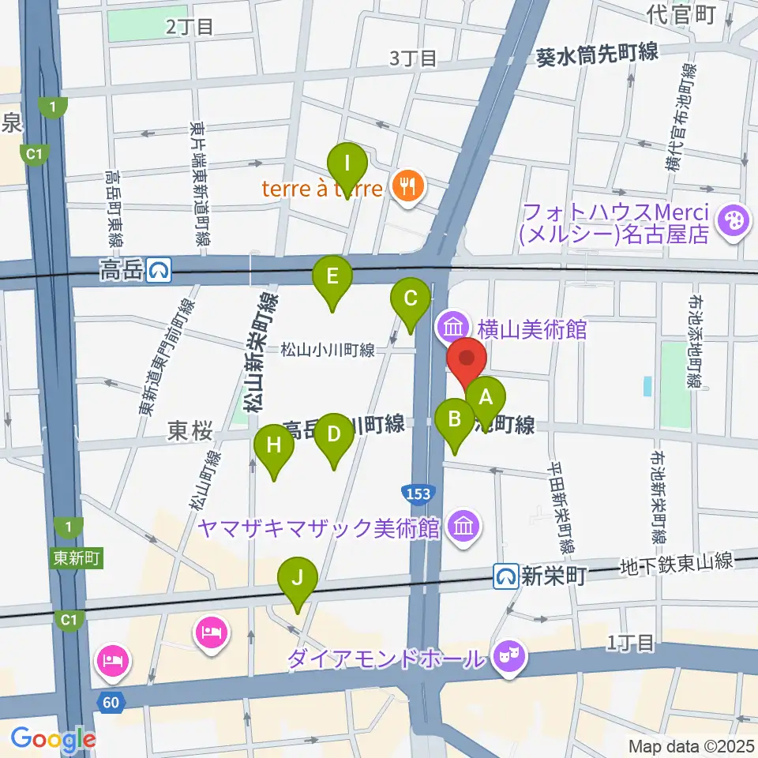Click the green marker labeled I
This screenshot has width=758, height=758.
coord(347,167)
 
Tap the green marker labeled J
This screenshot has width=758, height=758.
coord(297,580)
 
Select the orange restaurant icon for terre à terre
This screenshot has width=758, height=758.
coord(408,187)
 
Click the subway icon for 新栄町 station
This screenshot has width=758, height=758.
coord(505,576)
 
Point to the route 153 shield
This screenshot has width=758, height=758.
coord(418,494)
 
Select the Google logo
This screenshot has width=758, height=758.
coord(53,739)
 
